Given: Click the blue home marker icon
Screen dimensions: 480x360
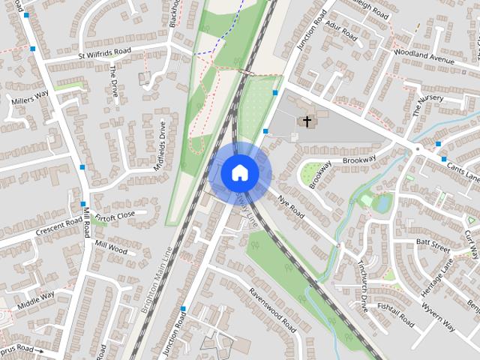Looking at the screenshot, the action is coord(240,172).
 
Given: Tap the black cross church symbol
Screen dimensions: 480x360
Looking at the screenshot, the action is coord(306,121).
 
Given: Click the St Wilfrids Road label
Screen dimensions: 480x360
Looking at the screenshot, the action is coord(104,53).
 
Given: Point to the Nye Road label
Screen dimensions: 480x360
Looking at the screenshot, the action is coord(292,208).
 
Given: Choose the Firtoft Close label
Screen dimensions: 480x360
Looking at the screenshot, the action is coord(115,214).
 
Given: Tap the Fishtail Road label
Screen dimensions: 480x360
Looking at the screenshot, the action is coord(395,315).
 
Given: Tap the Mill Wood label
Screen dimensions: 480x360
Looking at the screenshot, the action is coord(111,247).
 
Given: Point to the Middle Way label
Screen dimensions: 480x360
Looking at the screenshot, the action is coord(36,299).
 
